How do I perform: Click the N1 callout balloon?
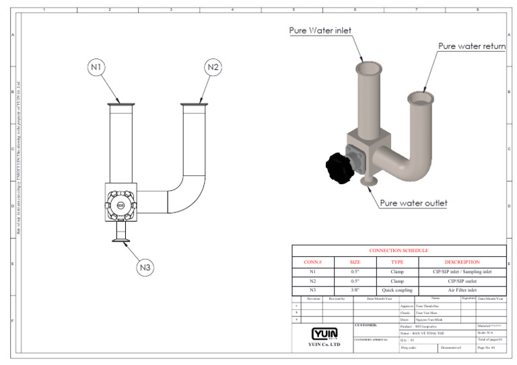(x=97, y=67)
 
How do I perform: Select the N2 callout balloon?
(x=213, y=67)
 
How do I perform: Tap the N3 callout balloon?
(x=146, y=267)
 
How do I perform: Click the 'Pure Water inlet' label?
(x=320, y=30)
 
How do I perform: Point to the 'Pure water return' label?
(x=471, y=46)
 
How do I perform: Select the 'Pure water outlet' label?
(x=413, y=202)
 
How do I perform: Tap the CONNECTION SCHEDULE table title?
(x=399, y=250)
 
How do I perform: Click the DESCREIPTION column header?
(x=462, y=261)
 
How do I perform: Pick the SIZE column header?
(x=355, y=261)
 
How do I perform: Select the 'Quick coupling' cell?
(x=397, y=290)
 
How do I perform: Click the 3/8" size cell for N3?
(x=355, y=290)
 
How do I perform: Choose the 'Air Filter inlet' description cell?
(x=462, y=290)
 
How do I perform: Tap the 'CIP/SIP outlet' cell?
(x=462, y=280)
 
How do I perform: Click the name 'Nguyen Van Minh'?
(x=432, y=319)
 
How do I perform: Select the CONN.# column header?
(x=313, y=261)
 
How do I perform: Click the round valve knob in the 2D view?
(x=120, y=204)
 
